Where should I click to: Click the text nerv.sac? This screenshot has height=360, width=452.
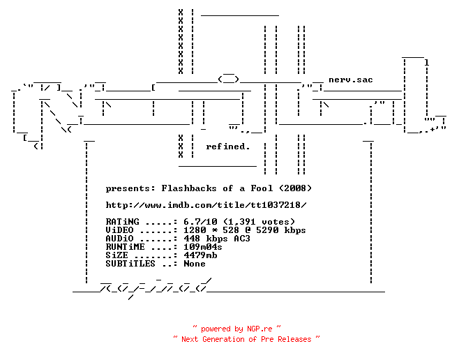[x=351, y=80]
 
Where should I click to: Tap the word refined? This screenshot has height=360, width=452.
[x=227, y=147]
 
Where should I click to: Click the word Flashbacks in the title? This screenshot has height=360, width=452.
[x=189, y=188]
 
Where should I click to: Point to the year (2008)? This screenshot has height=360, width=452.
[x=296, y=188]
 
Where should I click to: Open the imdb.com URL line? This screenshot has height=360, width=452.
[x=206, y=205]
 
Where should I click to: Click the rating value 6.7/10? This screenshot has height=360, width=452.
[x=200, y=222]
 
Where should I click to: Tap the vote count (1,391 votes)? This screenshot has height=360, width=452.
[x=259, y=222]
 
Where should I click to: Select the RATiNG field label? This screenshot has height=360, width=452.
[x=123, y=222]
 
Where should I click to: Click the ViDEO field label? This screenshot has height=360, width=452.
[x=120, y=230]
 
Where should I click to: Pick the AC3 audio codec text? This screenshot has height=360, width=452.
[x=242, y=239]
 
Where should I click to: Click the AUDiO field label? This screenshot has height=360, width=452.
[x=120, y=239]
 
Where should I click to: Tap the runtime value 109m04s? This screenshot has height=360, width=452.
[x=203, y=247]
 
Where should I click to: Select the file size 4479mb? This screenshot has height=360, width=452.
[x=200, y=255]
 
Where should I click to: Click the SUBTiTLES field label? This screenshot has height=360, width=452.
[x=130, y=264]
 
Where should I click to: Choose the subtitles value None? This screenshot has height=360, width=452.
[x=195, y=264]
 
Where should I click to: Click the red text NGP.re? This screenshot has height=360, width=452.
[x=259, y=329]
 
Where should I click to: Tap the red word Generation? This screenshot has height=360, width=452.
[x=223, y=339]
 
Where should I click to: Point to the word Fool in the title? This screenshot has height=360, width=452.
[x=262, y=188]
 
